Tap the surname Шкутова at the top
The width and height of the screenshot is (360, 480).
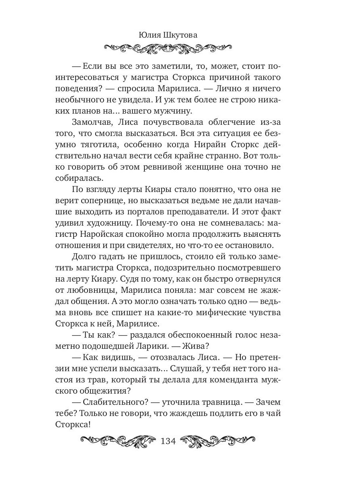[x=180, y=35]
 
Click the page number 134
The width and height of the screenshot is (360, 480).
[x=168, y=441]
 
